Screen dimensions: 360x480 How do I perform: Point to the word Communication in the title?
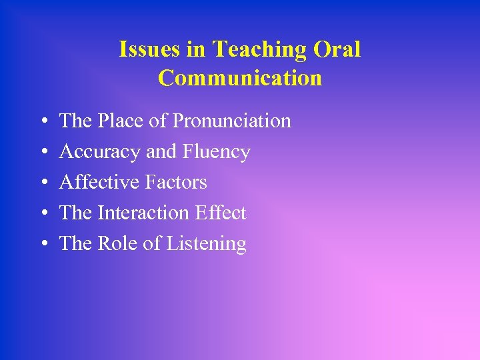pyautogui.click(x=240, y=78)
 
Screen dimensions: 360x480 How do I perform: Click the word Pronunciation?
pyautogui.click(x=232, y=121)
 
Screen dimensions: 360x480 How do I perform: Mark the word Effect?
pyautogui.click(x=220, y=213)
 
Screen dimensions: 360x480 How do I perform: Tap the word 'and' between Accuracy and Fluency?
pyautogui.click(x=160, y=152)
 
